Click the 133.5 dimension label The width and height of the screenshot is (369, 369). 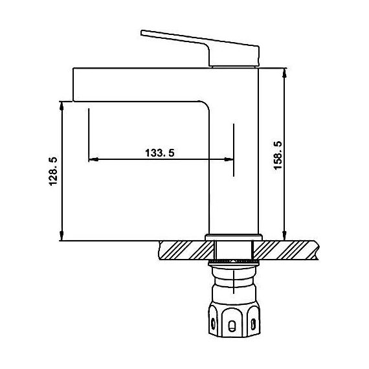(x=160, y=153)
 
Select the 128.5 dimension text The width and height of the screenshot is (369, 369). (x=53, y=172)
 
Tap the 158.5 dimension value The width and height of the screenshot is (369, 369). (x=278, y=155)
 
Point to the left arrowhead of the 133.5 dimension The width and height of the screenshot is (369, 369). (x=93, y=159)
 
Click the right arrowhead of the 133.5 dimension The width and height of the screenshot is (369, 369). (x=229, y=159)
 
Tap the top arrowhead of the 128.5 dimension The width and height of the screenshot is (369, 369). (x=61, y=106)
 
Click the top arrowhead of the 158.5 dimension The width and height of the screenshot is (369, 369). (x=284, y=73)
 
